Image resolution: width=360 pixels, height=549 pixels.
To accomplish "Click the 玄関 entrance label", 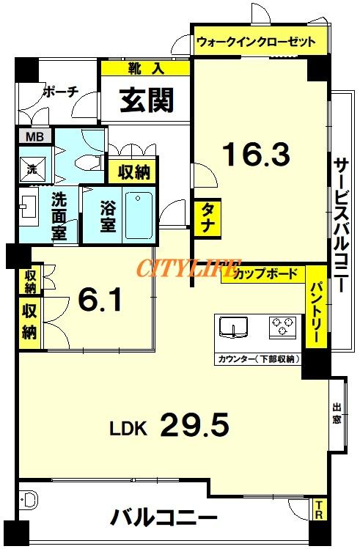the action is coord(147,100).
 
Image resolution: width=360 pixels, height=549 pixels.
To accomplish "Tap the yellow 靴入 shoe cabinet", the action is coord(145,68).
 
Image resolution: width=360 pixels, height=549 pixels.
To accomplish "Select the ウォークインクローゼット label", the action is coord(256,42).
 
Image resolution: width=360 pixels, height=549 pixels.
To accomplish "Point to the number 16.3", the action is coord(257,154).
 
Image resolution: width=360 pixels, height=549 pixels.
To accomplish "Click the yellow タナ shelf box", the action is coord(207,218).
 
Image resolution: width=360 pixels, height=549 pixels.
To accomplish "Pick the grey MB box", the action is coord(35,136).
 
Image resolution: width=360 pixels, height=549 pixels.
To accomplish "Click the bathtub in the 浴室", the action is coord(139,215).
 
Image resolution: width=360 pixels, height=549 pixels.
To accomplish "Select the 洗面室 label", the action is coord(59,216).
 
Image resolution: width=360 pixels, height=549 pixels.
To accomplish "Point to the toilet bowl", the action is coord(87,162).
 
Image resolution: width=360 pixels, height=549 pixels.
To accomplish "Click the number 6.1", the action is coord(100,300).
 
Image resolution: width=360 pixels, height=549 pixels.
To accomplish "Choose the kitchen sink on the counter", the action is coord(233,328).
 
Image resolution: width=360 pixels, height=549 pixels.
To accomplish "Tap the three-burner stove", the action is coord(282,327).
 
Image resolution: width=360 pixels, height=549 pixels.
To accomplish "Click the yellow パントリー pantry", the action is coord(317,306).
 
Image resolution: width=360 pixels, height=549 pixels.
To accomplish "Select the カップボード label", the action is coord(265,273).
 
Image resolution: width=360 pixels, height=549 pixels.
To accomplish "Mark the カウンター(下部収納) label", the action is coord(259,359).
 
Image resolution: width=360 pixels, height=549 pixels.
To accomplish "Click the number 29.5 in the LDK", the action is coord(195,424).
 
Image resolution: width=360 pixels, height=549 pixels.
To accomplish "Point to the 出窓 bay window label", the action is coord(337,413).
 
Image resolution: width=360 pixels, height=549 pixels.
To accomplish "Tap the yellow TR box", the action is coord(319,510).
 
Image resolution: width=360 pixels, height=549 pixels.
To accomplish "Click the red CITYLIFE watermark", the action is coord(189,268).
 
